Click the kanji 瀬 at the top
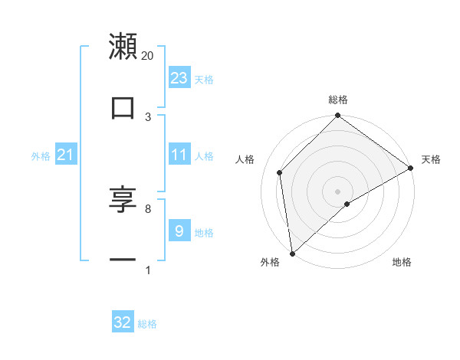click(x=123, y=47)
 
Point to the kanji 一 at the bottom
click(x=123, y=260)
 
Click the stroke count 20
click(x=148, y=55)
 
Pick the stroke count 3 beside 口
click(x=148, y=116)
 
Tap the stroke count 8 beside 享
click(x=148, y=208)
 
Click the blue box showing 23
click(x=179, y=77)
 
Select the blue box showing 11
click(x=179, y=155)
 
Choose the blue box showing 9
click(x=179, y=230)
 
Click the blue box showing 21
click(x=66, y=155)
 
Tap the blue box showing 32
click(x=123, y=322)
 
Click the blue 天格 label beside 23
click(x=204, y=79)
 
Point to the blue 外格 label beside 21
click(x=41, y=156)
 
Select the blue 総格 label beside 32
click(x=147, y=324)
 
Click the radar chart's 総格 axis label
click(x=338, y=100)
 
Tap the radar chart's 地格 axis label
click(x=402, y=263)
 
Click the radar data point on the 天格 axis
click(x=411, y=168)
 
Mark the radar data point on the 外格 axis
click(x=292, y=253)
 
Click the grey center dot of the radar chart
click(x=338, y=191)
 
